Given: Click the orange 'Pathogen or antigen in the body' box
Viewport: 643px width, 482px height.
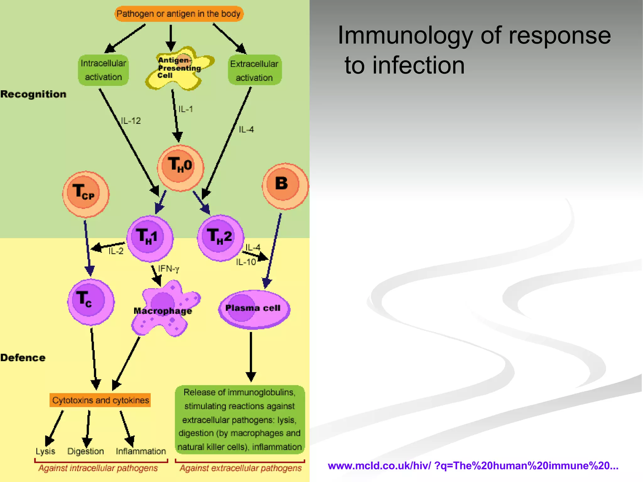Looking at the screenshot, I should (x=179, y=14).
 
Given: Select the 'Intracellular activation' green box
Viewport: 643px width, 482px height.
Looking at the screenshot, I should (x=103, y=70).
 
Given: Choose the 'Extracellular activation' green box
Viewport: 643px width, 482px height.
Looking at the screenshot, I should (x=254, y=70).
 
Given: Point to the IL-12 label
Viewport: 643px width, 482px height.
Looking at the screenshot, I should (x=131, y=121).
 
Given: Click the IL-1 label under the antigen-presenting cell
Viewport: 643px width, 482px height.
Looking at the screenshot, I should (x=186, y=109).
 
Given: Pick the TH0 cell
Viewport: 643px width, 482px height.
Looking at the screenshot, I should (x=180, y=168).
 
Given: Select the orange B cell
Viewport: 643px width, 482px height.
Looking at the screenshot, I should (x=285, y=186).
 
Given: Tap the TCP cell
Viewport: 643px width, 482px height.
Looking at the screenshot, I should (x=85, y=194).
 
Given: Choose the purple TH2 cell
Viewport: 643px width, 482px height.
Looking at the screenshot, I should (x=220, y=238).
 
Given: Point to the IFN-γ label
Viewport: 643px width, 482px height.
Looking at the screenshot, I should (x=169, y=269).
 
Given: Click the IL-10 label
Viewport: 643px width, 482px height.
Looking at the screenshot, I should (x=246, y=262).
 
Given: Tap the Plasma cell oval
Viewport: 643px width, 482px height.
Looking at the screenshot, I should (x=254, y=309).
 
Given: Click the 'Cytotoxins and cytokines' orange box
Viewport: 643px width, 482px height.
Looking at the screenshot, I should (x=100, y=400).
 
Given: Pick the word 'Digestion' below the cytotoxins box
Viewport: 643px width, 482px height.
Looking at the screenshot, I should (x=85, y=451).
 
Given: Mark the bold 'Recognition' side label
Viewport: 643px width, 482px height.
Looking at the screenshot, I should (x=33, y=94).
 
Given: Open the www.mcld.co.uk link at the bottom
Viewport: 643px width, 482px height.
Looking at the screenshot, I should (x=473, y=465).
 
